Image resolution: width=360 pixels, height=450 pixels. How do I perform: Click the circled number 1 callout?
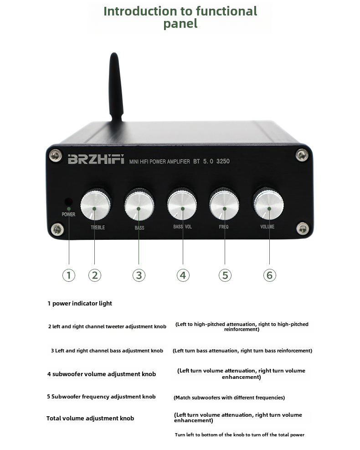(69, 275)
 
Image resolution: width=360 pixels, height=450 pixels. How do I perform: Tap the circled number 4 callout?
(183, 275)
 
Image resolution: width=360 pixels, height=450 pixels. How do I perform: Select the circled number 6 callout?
(269, 275)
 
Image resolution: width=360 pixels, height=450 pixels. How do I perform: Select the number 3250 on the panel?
(223, 161)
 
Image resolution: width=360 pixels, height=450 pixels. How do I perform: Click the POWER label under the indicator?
(68, 214)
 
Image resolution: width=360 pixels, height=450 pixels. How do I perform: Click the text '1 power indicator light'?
(80, 303)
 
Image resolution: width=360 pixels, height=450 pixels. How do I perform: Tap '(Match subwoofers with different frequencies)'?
(229, 398)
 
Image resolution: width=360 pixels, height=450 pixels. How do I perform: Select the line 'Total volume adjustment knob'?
(90, 418)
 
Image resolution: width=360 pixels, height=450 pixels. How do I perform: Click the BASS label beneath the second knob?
(139, 228)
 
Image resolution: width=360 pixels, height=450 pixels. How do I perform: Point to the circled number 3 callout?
(139, 275)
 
